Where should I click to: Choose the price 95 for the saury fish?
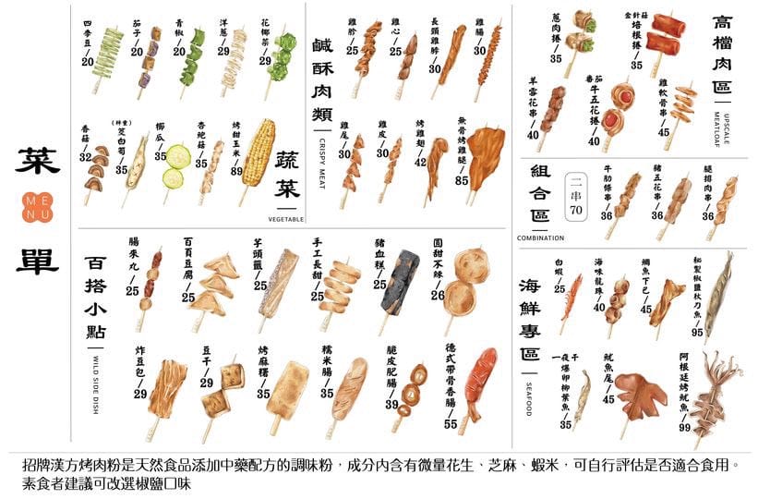pyautogui.click(x=697, y=332)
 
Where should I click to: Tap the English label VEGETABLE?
pyautogui.click(x=287, y=220)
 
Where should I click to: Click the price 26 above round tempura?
pyautogui.click(x=437, y=295)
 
